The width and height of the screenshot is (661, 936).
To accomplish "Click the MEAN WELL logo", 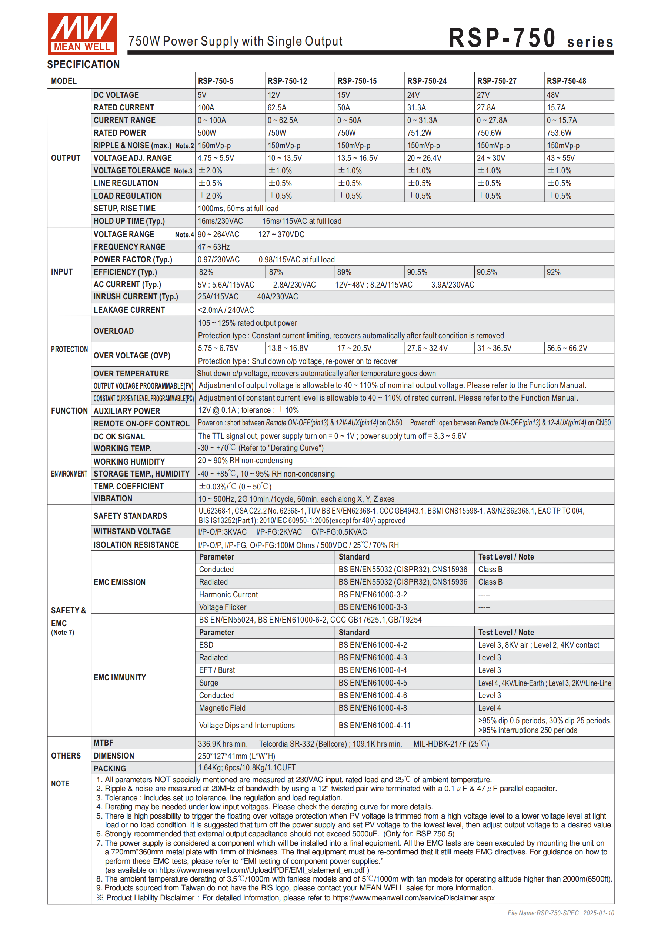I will tap(82, 34).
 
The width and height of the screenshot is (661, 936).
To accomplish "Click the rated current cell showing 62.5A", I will tap(277, 107).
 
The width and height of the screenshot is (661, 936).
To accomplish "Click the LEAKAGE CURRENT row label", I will tap(129, 310).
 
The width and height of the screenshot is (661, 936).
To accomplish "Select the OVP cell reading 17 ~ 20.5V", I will tap(354, 348).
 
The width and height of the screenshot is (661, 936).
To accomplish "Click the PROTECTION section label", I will tap(69, 349).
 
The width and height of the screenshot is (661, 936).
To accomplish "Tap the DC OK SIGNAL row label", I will tap(119, 437).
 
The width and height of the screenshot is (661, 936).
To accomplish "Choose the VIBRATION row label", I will tap(113, 499).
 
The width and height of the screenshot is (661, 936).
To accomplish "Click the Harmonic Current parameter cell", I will tap(228, 595).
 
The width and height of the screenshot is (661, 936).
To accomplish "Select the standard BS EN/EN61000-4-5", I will tap(373, 683).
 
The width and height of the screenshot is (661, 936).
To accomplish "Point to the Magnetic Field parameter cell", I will tap(222, 708).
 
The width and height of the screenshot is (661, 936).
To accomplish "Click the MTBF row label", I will tap(104, 743).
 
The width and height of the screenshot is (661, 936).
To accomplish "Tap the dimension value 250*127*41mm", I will tap(236, 756).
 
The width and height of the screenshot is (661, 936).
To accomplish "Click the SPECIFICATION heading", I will tap(83, 64).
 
